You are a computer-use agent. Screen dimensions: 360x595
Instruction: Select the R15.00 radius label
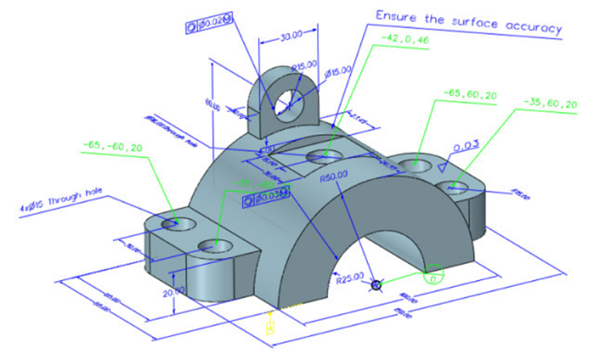304,64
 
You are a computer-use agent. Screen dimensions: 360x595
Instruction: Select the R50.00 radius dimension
332,180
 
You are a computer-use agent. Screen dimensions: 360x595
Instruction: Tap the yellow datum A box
271,326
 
